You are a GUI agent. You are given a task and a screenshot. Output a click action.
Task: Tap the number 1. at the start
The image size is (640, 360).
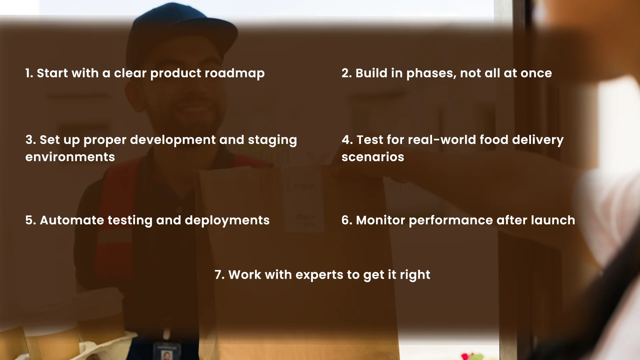(x=29, y=73)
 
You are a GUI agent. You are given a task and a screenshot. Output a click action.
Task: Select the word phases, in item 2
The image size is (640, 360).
(x=431, y=73)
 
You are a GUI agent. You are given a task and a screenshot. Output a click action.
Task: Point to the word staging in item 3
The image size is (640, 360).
(x=272, y=140)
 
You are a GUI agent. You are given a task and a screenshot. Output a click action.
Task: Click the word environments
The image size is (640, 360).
(x=70, y=157)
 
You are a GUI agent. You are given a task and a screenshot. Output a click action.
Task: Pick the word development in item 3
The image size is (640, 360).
(x=173, y=140)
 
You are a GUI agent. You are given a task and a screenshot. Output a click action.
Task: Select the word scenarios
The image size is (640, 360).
(x=373, y=157)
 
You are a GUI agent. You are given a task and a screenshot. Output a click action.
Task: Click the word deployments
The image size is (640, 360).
(x=227, y=220)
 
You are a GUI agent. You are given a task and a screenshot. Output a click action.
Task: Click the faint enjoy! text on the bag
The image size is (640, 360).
(x=304, y=186)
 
